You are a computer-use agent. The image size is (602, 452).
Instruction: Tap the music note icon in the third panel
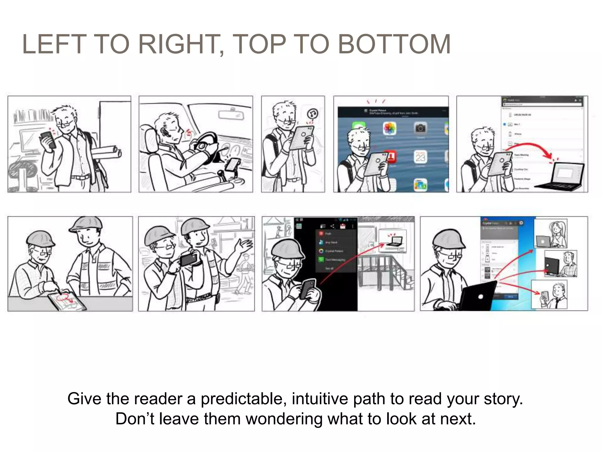[313, 114]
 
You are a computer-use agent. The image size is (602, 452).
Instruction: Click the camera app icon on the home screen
[420, 128]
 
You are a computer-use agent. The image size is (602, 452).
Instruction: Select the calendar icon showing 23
[420, 157]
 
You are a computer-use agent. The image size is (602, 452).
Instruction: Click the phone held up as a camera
[188, 260]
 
